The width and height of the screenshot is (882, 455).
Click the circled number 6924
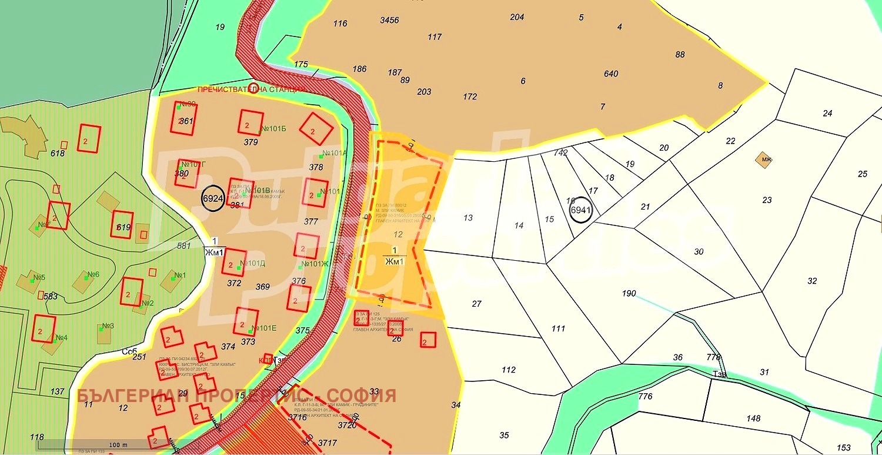(213, 198)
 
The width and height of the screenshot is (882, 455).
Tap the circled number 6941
(580, 210)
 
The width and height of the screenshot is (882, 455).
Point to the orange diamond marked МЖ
(765, 160)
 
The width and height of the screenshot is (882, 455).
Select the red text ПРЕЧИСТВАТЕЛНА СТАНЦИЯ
(252, 89)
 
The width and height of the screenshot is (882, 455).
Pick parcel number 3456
(389, 20)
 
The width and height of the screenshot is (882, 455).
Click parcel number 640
(611, 74)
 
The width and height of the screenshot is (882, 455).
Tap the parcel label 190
(629, 293)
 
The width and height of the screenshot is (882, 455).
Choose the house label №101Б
(273, 128)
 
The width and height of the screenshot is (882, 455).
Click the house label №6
(93, 274)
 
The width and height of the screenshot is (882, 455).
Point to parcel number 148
(753, 419)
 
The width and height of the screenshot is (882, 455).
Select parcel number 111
(558, 328)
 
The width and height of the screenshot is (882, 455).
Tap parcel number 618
(58, 153)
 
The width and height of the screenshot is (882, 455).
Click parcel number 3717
(328, 442)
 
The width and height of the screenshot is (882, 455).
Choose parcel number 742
(560, 152)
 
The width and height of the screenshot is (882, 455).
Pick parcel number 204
(517, 17)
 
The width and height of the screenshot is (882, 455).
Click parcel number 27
(476, 304)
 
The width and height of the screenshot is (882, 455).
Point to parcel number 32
(812, 281)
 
